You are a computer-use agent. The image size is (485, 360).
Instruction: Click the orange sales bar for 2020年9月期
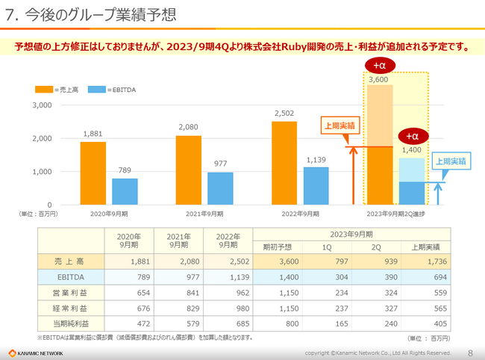click(x=93, y=173)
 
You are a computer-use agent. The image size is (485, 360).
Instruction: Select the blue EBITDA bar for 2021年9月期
click(x=220, y=188)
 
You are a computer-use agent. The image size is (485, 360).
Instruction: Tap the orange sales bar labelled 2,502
click(x=284, y=163)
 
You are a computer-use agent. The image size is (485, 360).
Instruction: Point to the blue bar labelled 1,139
click(x=316, y=185)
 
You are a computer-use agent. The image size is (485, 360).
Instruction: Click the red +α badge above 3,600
click(x=380, y=66)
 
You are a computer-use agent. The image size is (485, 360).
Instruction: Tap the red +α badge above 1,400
click(x=412, y=136)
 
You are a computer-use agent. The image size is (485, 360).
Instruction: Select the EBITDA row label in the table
click(x=69, y=277)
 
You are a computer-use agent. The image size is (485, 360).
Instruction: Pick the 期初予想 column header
click(x=277, y=246)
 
